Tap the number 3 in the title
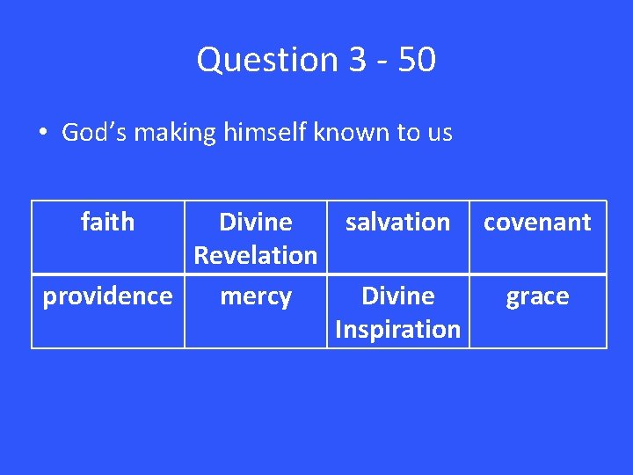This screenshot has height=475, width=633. (x=358, y=60)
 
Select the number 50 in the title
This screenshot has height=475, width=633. (x=416, y=60)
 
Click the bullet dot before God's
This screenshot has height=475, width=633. (x=42, y=134)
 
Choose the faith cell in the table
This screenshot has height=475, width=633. (x=107, y=222)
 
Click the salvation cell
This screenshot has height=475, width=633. (x=397, y=222)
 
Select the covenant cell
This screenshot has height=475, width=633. (x=537, y=223)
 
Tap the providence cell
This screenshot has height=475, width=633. (x=107, y=296)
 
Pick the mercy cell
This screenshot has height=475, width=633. (x=255, y=296)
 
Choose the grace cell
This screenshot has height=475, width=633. (x=537, y=296)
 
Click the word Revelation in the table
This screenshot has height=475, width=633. (x=255, y=255)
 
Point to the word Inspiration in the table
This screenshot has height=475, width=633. (x=397, y=329)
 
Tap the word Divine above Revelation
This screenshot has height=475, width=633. (x=255, y=222)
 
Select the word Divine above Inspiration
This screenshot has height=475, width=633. (x=397, y=296)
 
